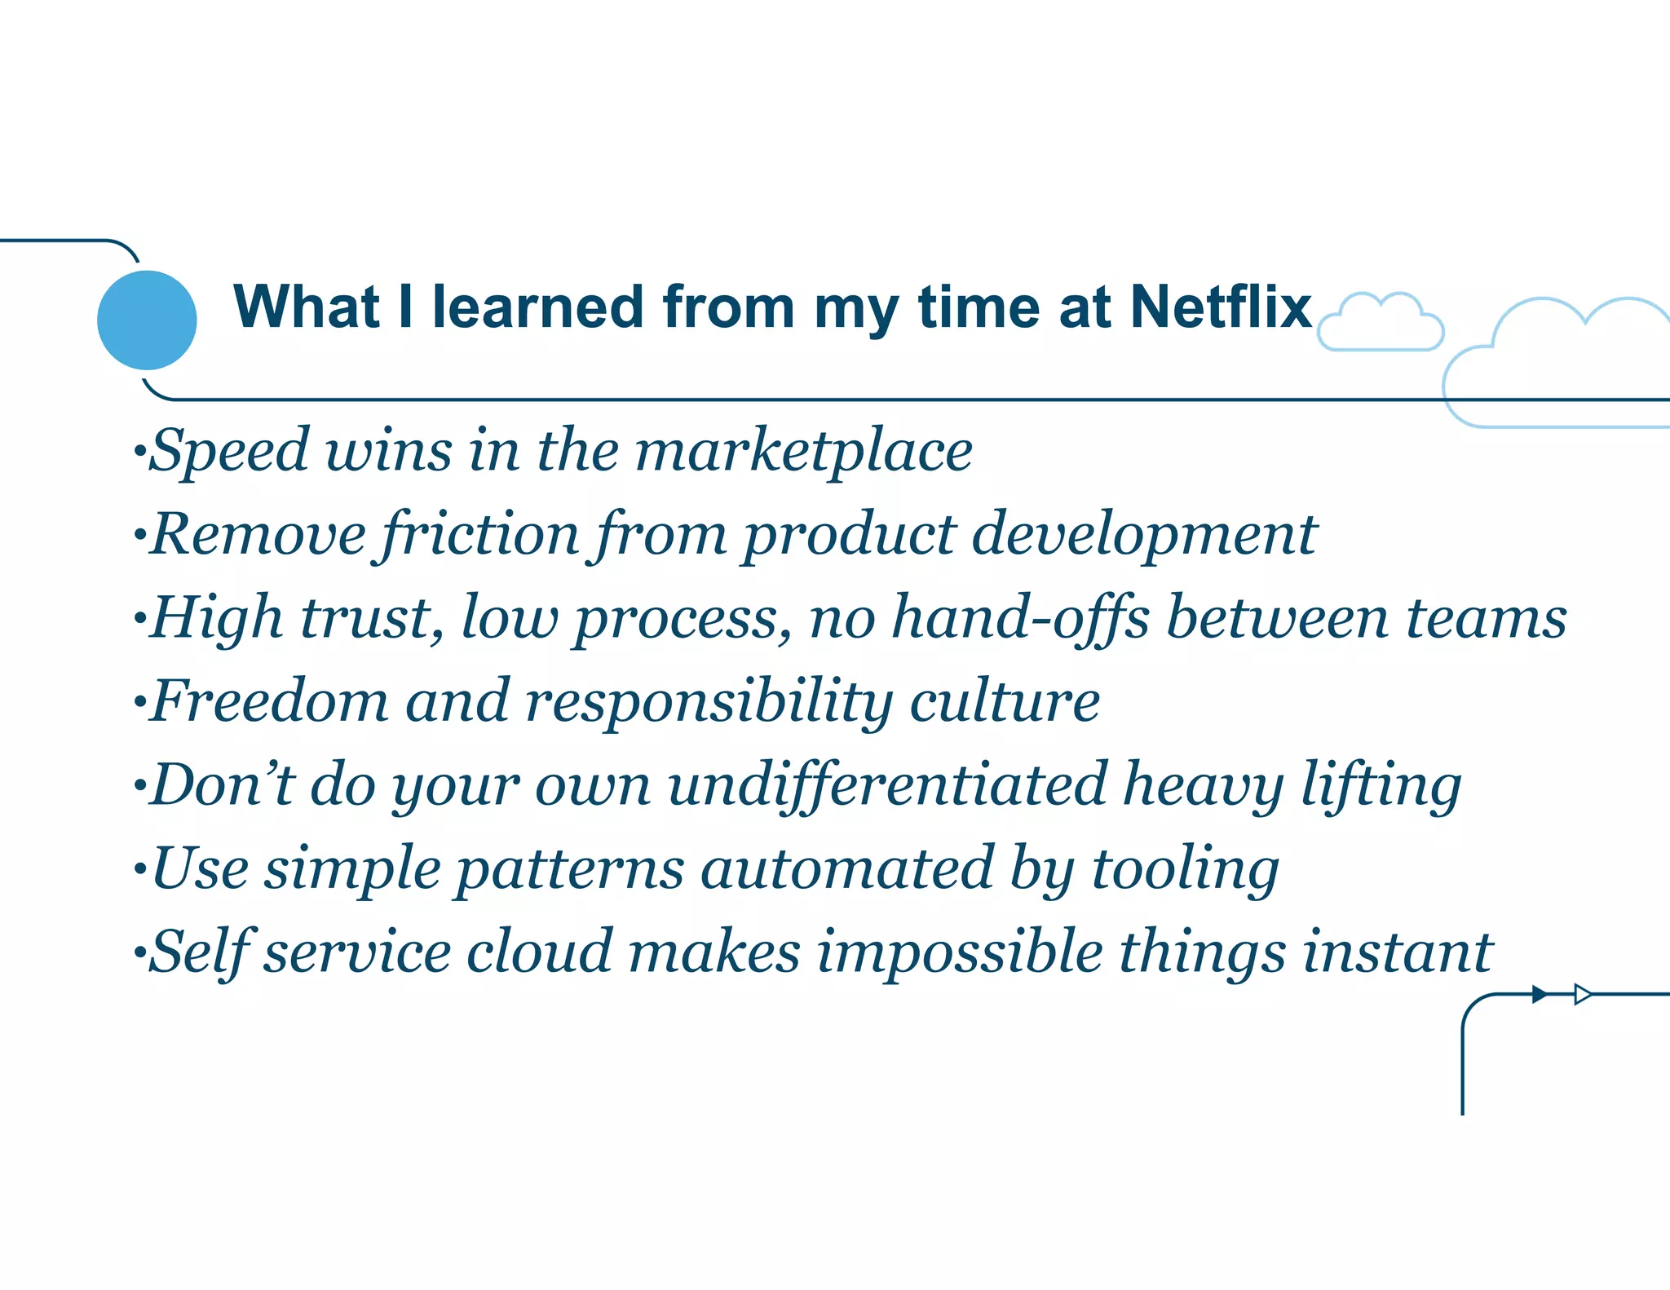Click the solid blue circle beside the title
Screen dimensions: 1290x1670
point(147,320)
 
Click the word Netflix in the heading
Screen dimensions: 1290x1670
point(1221,307)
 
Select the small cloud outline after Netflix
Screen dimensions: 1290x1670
point(1381,324)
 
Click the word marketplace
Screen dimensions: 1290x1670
point(803,451)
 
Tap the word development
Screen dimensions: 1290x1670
point(1143,535)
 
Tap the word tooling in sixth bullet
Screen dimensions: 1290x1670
point(1186,869)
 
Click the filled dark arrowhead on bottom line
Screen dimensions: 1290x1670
point(1540,994)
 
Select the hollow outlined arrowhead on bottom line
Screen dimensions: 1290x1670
point(1582,994)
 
